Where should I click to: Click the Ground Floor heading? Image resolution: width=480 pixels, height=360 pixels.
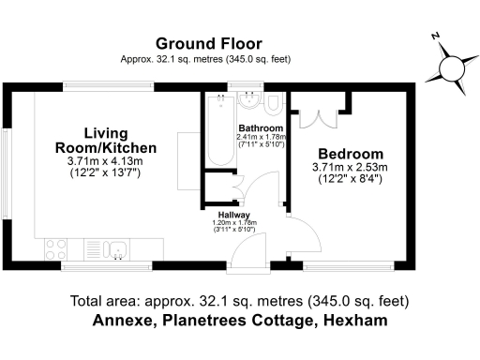click(208, 43)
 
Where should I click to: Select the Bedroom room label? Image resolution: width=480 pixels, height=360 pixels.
click(350, 154)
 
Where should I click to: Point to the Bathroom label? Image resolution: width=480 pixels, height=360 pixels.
click(260, 128)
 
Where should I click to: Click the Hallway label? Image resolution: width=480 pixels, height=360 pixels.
click(234, 215)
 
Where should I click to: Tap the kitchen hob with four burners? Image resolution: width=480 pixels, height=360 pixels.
click(56, 248)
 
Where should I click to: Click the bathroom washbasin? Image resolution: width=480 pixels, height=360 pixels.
click(249, 102)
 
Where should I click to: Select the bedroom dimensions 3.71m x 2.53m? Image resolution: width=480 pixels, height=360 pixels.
click(350, 168)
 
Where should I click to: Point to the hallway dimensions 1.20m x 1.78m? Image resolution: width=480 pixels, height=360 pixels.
click(234, 223)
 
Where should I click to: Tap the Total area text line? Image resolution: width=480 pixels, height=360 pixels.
click(239, 301)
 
